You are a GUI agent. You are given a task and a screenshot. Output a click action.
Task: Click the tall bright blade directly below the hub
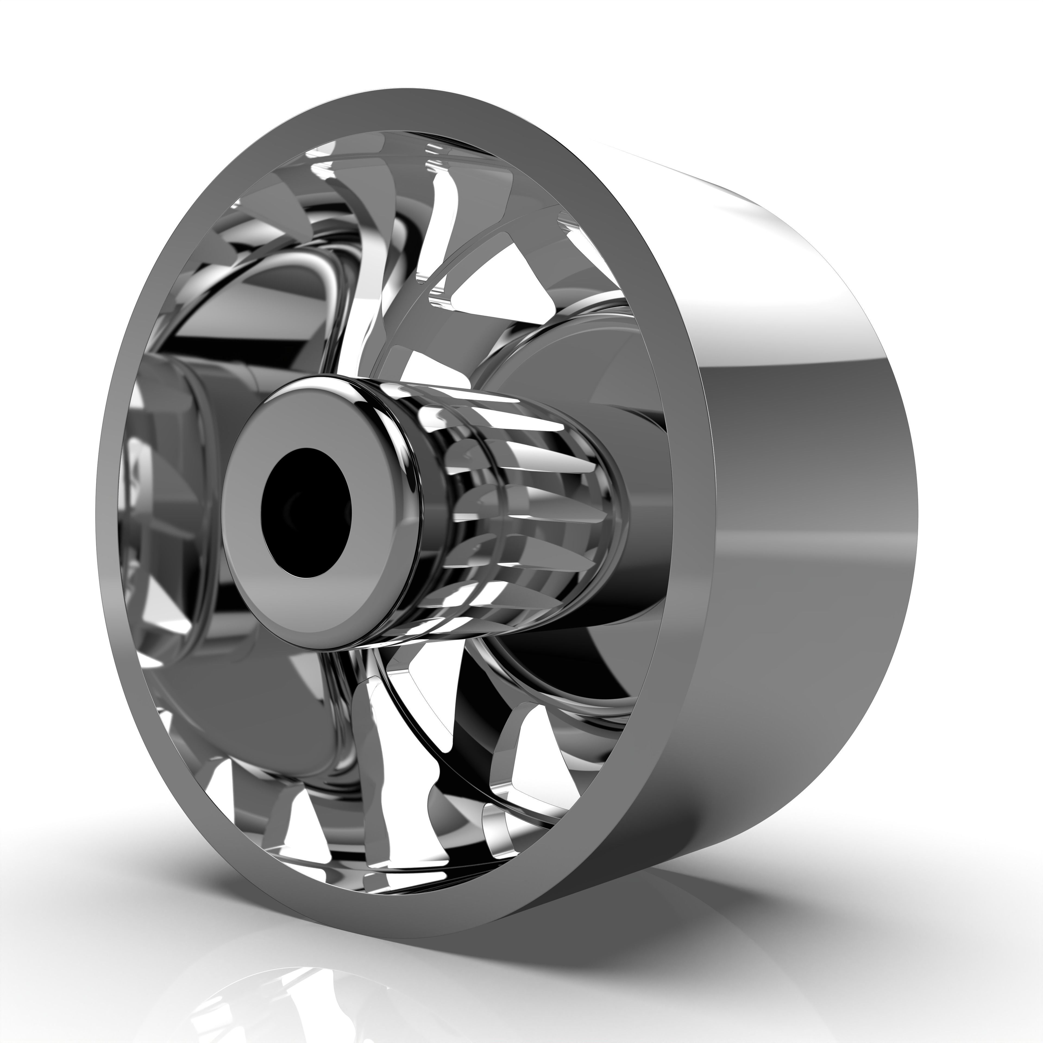tap(389, 756)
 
